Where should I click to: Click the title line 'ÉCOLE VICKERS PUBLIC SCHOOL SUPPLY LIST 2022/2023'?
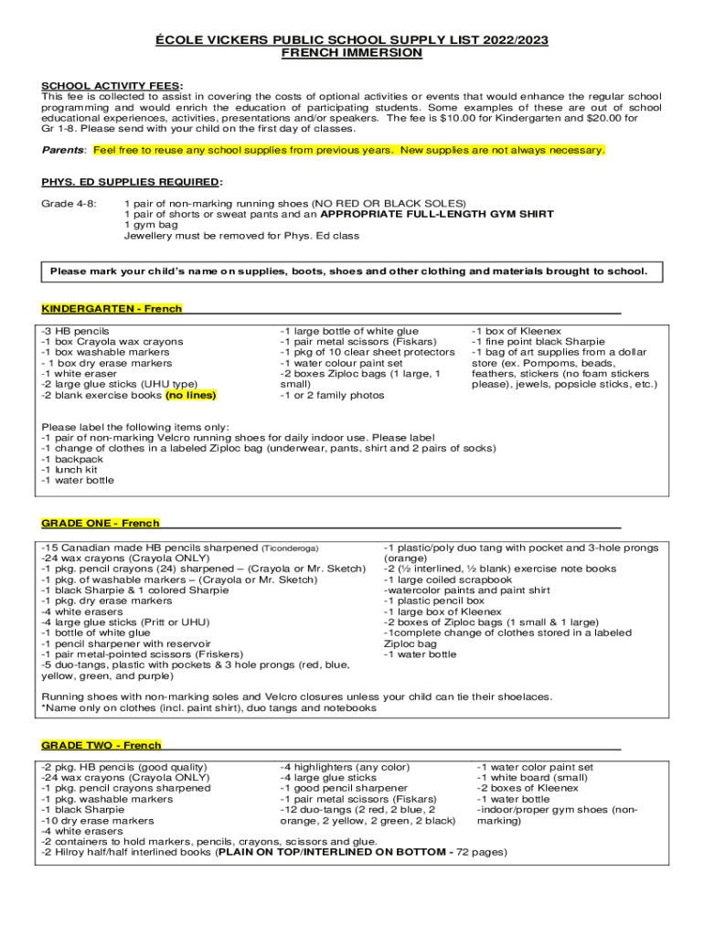[x=351, y=41]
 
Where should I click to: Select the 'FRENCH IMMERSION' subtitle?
[x=351, y=54]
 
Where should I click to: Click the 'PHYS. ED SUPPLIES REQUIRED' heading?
[x=130, y=182]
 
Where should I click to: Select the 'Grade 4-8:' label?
[x=69, y=203]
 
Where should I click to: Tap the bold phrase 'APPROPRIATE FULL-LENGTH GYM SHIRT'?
[x=437, y=214]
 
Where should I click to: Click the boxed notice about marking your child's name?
[x=348, y=271]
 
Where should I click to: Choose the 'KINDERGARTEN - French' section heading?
[x=112, y=309]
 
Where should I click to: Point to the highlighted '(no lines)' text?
[x=191, y=396]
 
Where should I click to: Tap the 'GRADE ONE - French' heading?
[x=101, y=524]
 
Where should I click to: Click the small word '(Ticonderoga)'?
[x=290, y=548]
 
